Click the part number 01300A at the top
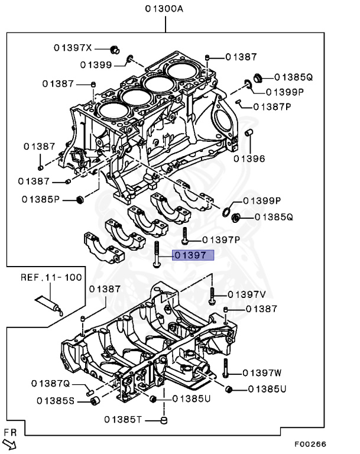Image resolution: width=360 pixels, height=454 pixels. click(x=164, y=9)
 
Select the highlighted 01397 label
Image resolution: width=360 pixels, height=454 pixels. click(x=189, y=255)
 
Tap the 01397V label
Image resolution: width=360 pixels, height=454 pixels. click(x=247, y=294)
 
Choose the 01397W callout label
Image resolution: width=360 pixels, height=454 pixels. click(x=262, y=372)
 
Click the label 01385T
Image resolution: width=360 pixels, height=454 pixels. click(x=124, y=420)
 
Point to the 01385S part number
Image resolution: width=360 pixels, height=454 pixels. click(x=56, y=401)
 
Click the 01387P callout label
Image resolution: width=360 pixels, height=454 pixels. click(x=273, y=106)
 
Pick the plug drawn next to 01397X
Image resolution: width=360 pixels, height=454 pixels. click(x=116, y=47)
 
